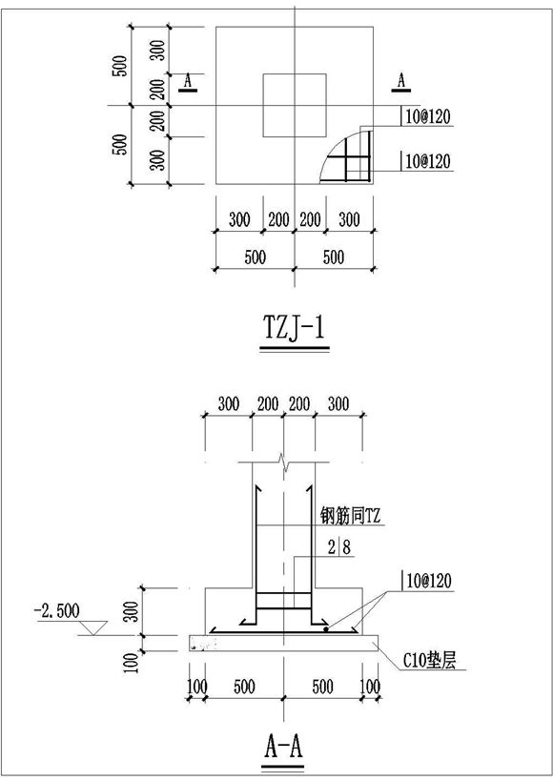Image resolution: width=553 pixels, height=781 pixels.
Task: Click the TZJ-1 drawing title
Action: pyautogui.click(x=295, y=328)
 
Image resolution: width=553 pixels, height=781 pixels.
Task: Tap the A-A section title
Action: pyautogui.click(x=283, y=747)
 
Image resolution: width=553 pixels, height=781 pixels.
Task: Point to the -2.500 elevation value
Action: pyautogui.click(x=57, y=610)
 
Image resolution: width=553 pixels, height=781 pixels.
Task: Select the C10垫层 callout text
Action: pyautogui.click(x=429, y=661)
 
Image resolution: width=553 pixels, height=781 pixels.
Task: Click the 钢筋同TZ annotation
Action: pyautogui.click(x=350, y=516)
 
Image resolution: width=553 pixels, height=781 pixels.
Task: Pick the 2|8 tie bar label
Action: pyautogui.click(x=339, y=547)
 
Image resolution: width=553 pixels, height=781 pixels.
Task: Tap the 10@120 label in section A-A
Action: pyautogui.click(x=426, y=582)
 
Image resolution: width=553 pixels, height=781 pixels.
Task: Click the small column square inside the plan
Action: pyautogui.click(x=295, y=105)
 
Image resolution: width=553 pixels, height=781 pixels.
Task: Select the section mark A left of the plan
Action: pyautogui.click(x=188, y=83)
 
